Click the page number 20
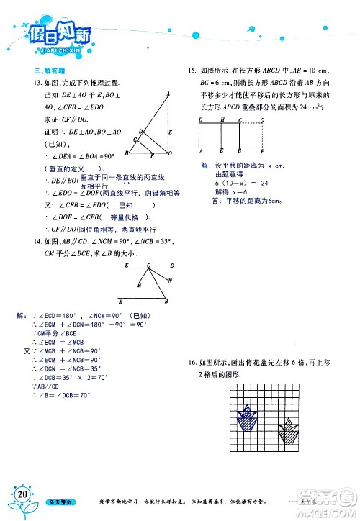click(22, 495)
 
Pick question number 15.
click(192, 71)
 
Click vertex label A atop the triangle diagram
click(167, 95)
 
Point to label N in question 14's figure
click(170, 281)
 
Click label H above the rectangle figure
click(222, 119)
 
